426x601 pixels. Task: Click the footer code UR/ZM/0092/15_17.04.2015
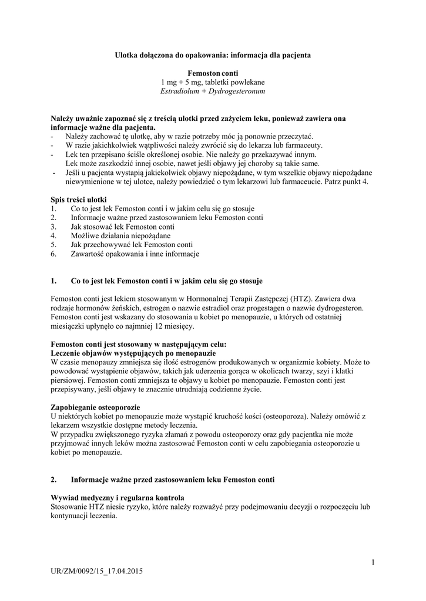click(x=97, y=570)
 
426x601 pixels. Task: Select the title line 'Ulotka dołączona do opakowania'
click(x=213, y=55)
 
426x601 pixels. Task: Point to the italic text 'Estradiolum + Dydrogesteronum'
click(x=213, y=92)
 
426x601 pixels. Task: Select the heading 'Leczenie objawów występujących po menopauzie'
click(x=133, y=353)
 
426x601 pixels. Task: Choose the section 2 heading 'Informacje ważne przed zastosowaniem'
click(x=173, y=480)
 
